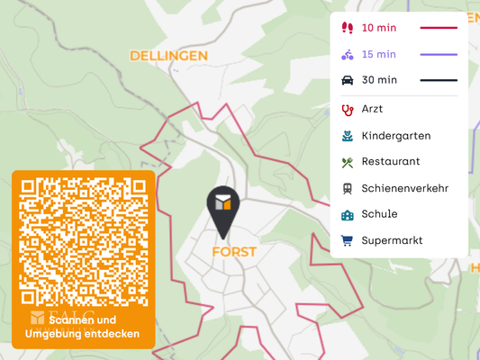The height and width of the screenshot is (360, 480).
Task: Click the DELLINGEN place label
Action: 168,56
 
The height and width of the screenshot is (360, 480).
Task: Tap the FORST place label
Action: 234,252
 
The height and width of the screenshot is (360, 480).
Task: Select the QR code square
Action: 84,242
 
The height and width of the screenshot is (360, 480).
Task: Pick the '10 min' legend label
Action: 379,28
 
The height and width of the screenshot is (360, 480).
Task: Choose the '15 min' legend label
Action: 379,54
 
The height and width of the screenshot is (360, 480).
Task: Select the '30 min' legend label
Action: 379,80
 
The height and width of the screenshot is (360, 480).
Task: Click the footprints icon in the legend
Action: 347,28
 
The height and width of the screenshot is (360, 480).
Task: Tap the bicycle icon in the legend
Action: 347,54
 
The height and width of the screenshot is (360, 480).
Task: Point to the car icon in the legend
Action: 347,80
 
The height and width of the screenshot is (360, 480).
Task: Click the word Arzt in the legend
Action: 372,109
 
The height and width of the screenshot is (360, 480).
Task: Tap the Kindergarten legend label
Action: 395,136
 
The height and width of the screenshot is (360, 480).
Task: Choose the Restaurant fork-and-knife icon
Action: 347,162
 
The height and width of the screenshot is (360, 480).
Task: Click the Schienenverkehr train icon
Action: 347,188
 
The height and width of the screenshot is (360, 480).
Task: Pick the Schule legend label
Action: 379,214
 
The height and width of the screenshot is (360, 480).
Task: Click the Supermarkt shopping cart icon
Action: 347,240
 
